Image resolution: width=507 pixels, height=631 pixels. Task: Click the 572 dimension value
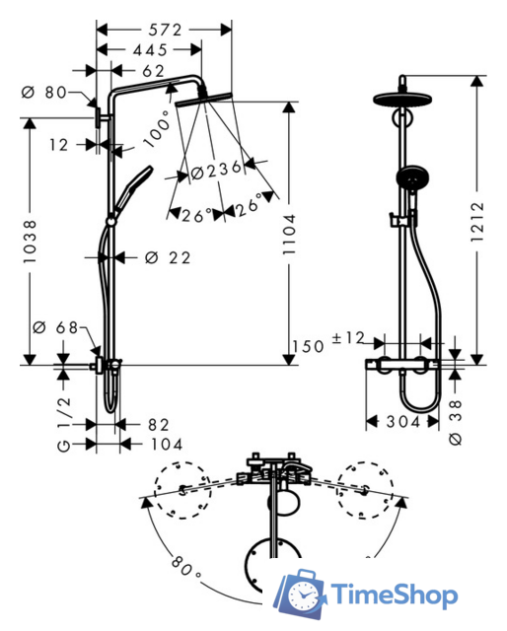click(x=165, y=30)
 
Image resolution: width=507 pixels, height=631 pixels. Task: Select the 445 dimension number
click(x=150, y=50)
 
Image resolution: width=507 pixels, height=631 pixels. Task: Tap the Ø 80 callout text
click(x=44, y=92)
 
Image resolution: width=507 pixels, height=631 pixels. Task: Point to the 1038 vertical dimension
click(x=30, y=242)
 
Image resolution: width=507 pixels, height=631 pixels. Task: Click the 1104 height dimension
click(x=289, y=235)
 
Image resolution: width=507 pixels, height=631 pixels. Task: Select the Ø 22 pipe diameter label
click(x=168, y=257)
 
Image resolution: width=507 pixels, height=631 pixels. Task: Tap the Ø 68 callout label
click(x=55, y=327)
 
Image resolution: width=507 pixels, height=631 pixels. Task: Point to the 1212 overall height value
click(x=477, y=222)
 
